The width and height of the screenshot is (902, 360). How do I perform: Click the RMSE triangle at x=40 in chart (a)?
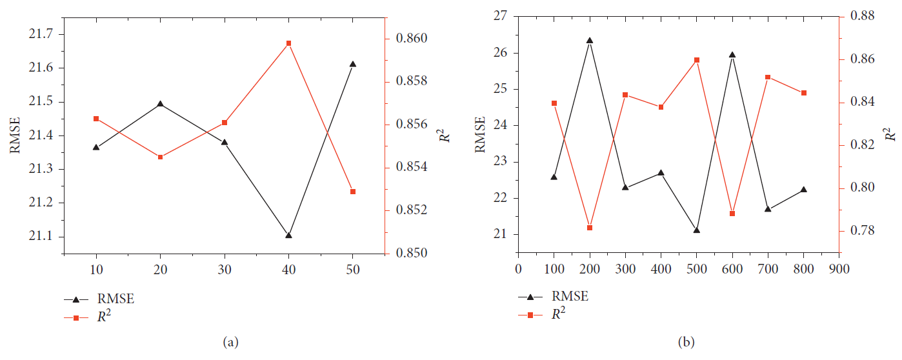pyautogui.click(x=288, y=235)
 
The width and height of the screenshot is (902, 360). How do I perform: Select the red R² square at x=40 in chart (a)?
pyautogui.click(x=288, y=43)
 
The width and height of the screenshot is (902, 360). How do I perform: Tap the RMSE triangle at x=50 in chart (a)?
pyautogui.click(x=353, y=64)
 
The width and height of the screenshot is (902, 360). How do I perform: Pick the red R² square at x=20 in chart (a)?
pyautogui.click(x=161, y=157)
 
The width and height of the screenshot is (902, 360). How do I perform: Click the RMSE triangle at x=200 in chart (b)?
pyautogui.click(x=590, y=40)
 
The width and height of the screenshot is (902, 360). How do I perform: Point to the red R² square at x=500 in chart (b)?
pyautogui.click(x=697, y=60)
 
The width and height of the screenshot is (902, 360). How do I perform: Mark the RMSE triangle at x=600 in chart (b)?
pyautogui.click(x=732, y=55)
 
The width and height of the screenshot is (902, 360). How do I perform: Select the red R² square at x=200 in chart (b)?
pyautogui.click(x=590, y=228)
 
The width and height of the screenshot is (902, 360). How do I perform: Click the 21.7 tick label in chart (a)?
pyautogui.click(x=41, y=34)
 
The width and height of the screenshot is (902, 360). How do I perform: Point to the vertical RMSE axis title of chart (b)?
pyautogui.click(x=480, y=135)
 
